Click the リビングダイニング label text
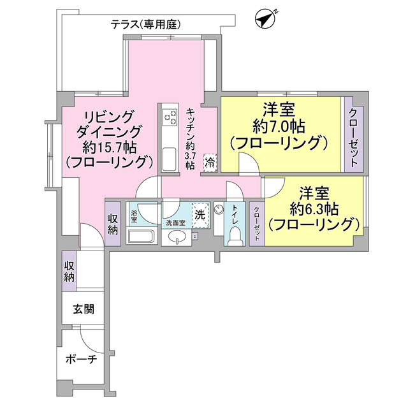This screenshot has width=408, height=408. [108, 125]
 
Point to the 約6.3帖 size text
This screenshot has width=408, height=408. [312, 208]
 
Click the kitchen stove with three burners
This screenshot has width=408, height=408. [170, 117]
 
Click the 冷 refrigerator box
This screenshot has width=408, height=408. [210, 163]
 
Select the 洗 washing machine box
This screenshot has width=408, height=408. [200, 215]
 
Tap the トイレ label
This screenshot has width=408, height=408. [235, 214]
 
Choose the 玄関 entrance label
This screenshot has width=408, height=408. [83, 310]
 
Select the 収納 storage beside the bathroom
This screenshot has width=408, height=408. [113, 223]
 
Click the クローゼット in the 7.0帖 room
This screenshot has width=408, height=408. [353, 135]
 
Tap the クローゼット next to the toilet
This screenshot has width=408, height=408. [256, 222]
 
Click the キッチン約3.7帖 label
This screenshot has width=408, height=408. [190, 137]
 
